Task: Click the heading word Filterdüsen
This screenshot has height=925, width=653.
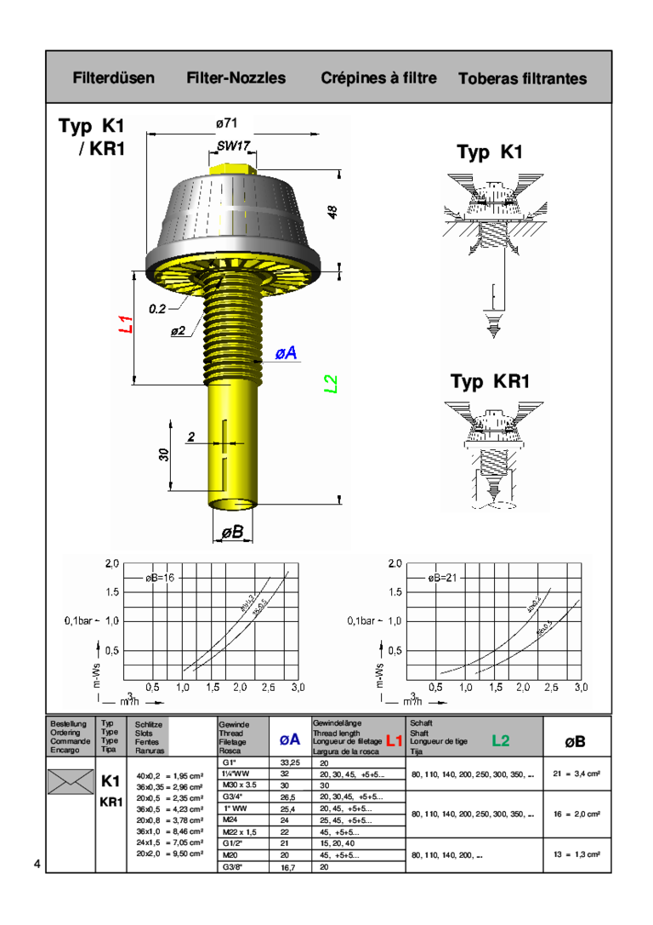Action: click(x=114, y=78)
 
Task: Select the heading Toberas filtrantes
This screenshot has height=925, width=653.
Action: click(x=522, y=79)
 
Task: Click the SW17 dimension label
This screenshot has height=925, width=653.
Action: click(x=232, y=146)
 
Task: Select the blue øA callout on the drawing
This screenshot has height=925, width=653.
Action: click(x=286, y=352)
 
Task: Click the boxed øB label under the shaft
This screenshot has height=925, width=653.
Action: click(x=232, y=532)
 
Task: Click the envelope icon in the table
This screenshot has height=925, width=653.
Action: click(x=71, y=781)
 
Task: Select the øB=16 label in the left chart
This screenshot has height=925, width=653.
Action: click(x=160, y=577)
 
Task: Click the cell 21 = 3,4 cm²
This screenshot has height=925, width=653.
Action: click(x=576, y=774)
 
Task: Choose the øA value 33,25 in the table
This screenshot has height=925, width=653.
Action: click(x=290, y=762)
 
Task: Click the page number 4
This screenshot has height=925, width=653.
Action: click(x=37, y=865)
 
